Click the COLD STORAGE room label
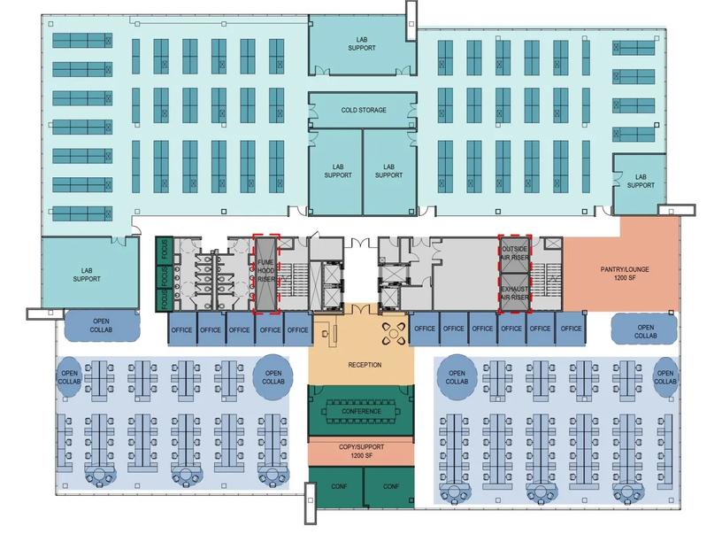tap(364, 111)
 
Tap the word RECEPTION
tap(365, 365)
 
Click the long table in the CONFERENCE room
tap(360, 412)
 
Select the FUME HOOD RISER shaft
tap(266, 273)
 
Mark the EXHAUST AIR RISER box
tap(514, 293)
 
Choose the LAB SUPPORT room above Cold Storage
tap(364, 43)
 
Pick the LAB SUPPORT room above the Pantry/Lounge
tap(641, 181)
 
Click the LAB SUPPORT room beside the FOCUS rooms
tap(90, 275)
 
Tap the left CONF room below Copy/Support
tap(338, 487)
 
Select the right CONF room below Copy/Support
tap(390, 487)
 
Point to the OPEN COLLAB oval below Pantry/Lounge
tap(645, 331)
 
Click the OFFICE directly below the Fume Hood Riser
tap(269, 329)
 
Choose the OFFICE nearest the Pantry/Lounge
tap(571, 329)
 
